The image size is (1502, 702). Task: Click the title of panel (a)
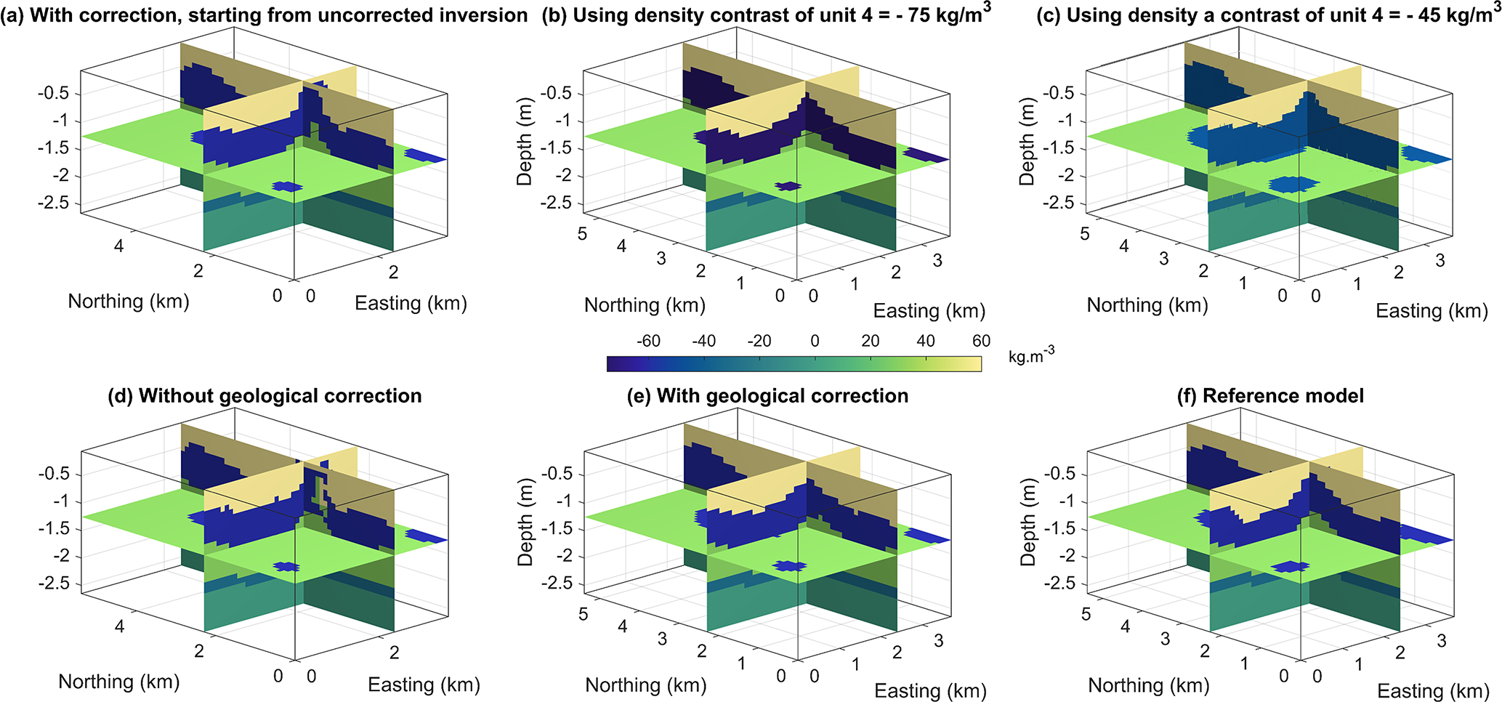[265, 15]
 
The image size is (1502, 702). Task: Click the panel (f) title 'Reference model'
[1270, 396]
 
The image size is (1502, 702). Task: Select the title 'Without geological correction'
[265, 396]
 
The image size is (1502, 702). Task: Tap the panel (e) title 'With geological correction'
[767, 396]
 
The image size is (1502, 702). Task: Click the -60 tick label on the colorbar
[648, 342]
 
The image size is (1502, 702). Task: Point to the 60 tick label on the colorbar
[981, 342]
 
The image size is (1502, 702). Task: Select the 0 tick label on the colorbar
[815, 342]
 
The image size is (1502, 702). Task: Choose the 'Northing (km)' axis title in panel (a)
[129, 302]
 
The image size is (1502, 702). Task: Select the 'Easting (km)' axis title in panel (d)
[424, 685]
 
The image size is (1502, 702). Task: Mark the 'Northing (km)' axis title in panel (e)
[646, 685]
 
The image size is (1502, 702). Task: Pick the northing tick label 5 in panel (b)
[582, 234]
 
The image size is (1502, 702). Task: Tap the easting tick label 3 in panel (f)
[1442, 641]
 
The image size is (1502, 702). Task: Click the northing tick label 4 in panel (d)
[119, 626]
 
